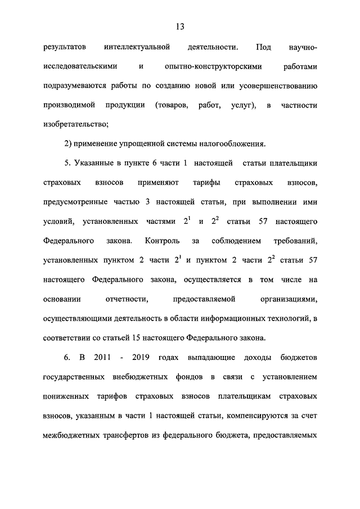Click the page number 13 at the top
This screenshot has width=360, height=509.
pos(180,26)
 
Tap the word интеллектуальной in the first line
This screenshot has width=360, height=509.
pos(137,47)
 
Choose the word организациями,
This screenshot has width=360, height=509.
pos(289,299)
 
